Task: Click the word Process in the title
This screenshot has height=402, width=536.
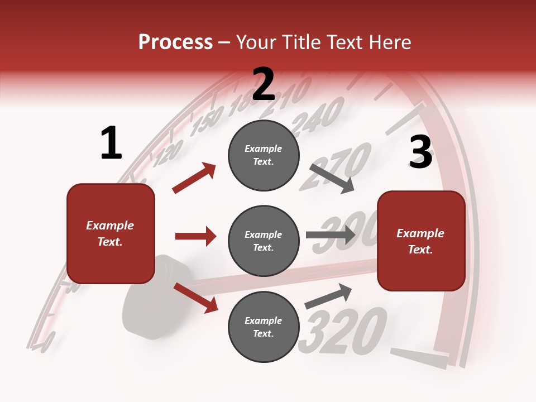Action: (175, 42)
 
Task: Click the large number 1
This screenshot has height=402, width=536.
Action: (111, 143)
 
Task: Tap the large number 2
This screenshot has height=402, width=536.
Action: (264, 84)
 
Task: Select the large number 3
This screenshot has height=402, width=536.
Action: (420, 153)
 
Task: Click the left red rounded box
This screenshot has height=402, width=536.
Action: (111, 234)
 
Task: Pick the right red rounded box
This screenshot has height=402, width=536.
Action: (421, 241)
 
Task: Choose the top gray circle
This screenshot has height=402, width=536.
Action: (264, 155)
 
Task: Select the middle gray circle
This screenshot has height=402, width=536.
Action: (264, 241)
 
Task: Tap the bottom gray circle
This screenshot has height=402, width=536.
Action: (264, 327)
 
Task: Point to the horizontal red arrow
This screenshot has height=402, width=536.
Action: (195, 236)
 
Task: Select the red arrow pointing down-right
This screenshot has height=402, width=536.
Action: (195, 297)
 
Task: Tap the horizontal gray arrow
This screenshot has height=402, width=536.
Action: (331, 235)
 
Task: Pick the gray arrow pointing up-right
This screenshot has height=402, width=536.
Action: (328, 296)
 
